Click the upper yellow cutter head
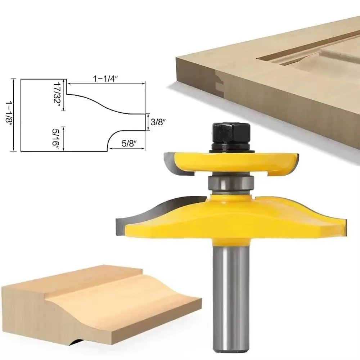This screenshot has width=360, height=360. (230, 162)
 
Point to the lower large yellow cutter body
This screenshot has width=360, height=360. (230, 220)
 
